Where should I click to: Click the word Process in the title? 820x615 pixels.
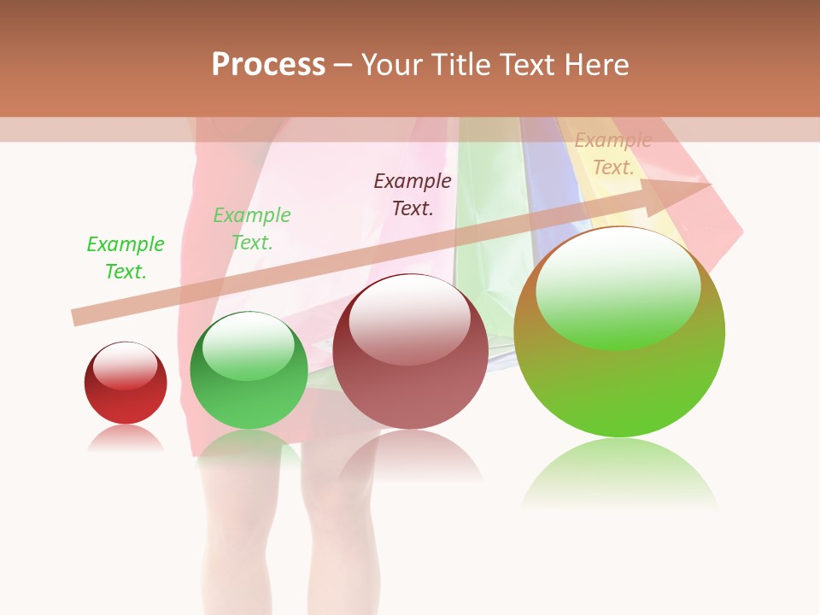[x=268, y=65]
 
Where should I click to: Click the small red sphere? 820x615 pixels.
[x=126, y=384]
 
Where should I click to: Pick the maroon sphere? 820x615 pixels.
[x=410, y=352]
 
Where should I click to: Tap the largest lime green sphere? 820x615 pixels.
[x=619, y=333]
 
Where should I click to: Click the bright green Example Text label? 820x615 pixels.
[x=126, y=258]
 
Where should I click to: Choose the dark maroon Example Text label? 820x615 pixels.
[x=413, y=195]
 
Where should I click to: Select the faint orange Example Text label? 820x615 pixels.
[x=612, y=155]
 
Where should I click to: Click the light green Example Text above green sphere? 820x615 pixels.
[x=252, y=229]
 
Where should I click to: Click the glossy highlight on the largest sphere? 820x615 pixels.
[x=618, y=286]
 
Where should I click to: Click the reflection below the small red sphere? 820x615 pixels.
[x=126, y=439]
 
